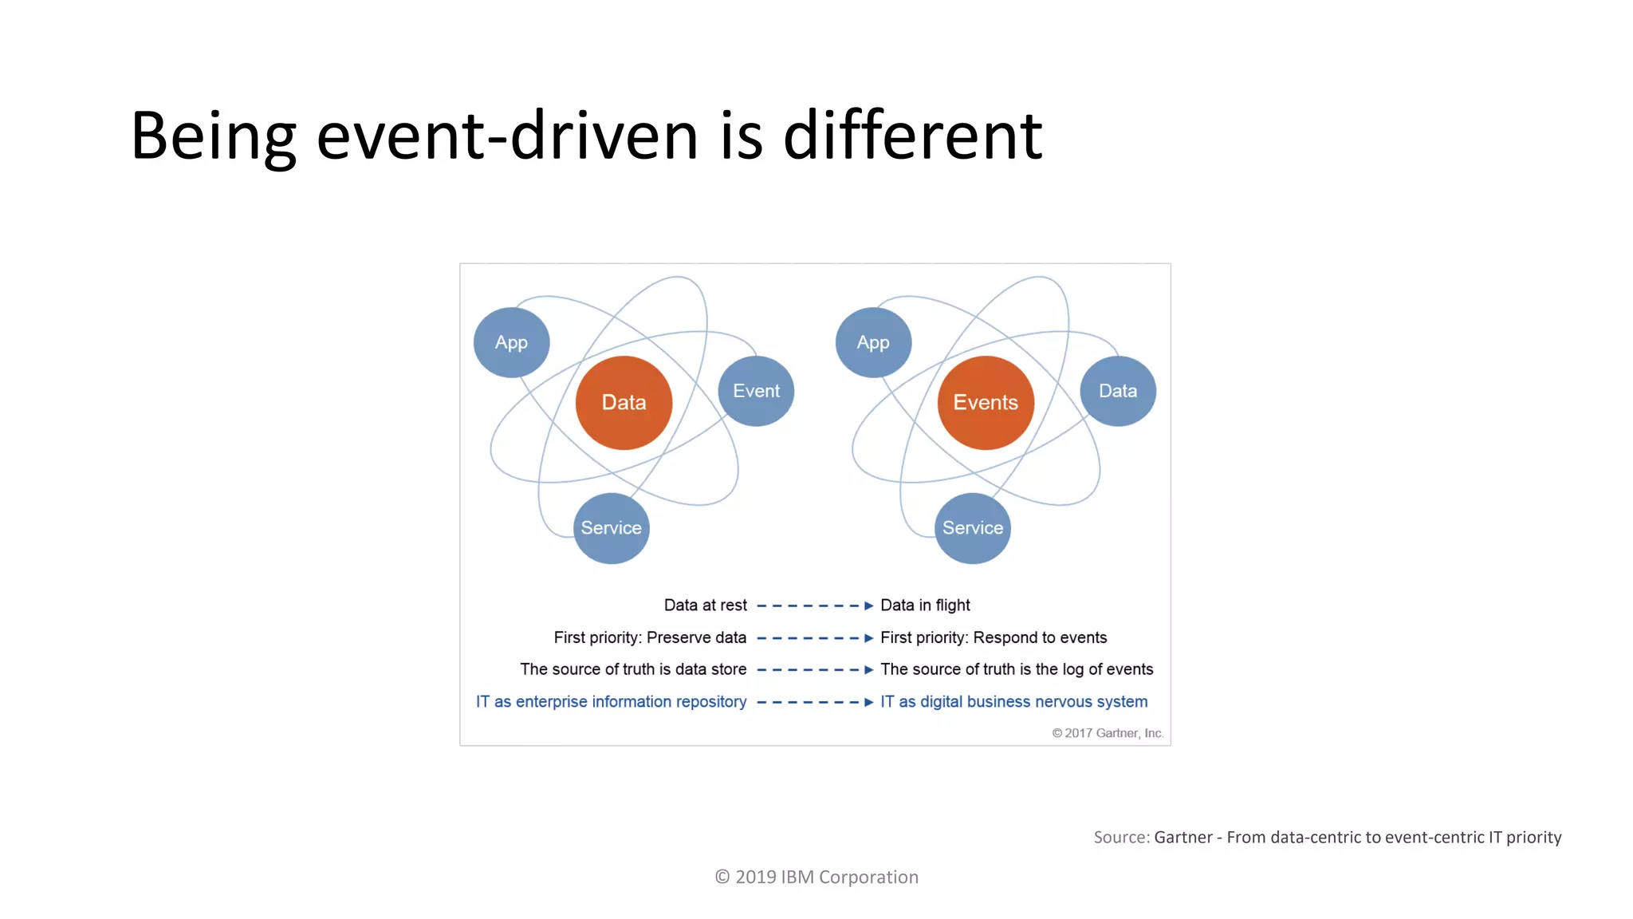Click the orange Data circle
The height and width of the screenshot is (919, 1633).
[624, 403]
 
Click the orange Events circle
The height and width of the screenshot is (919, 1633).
[986, 403]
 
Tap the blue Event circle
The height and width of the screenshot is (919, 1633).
[756, 391]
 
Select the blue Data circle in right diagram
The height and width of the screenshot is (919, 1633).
[1118, 391]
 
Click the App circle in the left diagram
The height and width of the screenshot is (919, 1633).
[511, 342]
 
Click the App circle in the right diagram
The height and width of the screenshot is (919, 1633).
[873, 342]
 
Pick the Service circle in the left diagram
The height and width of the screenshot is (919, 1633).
[611, 528]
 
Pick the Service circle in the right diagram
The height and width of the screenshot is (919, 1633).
[973, 528]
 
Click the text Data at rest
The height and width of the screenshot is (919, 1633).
[705, 605]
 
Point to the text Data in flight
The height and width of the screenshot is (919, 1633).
[925, 605]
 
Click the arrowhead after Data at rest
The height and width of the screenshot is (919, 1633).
[869, 606]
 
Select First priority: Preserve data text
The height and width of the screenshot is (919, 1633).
[650, 637]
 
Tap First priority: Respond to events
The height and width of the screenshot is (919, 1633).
[994, 637]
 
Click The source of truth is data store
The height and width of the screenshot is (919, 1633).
[633, 669]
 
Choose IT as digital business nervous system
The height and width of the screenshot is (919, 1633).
[1013, 702]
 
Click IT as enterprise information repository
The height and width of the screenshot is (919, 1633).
[611, 702]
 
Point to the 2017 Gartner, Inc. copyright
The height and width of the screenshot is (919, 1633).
[1108, 733]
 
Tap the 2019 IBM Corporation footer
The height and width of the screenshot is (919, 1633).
[816, 878]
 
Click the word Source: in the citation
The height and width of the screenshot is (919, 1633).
[1121, 838]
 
